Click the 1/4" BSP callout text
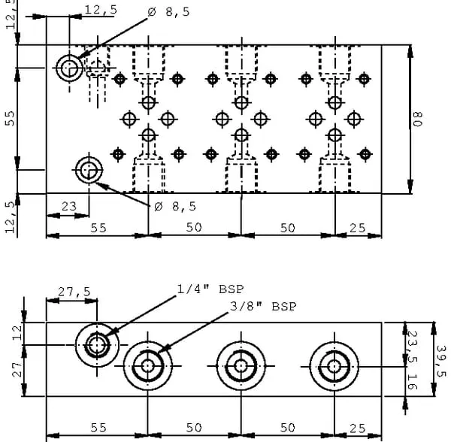(210, 289)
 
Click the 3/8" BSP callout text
(264, 306)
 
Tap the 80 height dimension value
(418, 119)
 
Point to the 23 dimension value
(68, 204)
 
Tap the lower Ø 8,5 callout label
(174, 206)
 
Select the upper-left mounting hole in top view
(70, 68)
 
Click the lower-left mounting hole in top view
(89, 169)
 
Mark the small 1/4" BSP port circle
(96, 346)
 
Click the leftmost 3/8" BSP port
(147, 366)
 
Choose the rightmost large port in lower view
(334, 366)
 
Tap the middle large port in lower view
(241, 366)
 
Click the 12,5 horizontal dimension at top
(100, 10)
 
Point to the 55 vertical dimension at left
(10, 118)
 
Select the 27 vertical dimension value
(17, 370)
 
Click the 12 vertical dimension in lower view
(17, 331)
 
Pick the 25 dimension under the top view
(358, 228)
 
